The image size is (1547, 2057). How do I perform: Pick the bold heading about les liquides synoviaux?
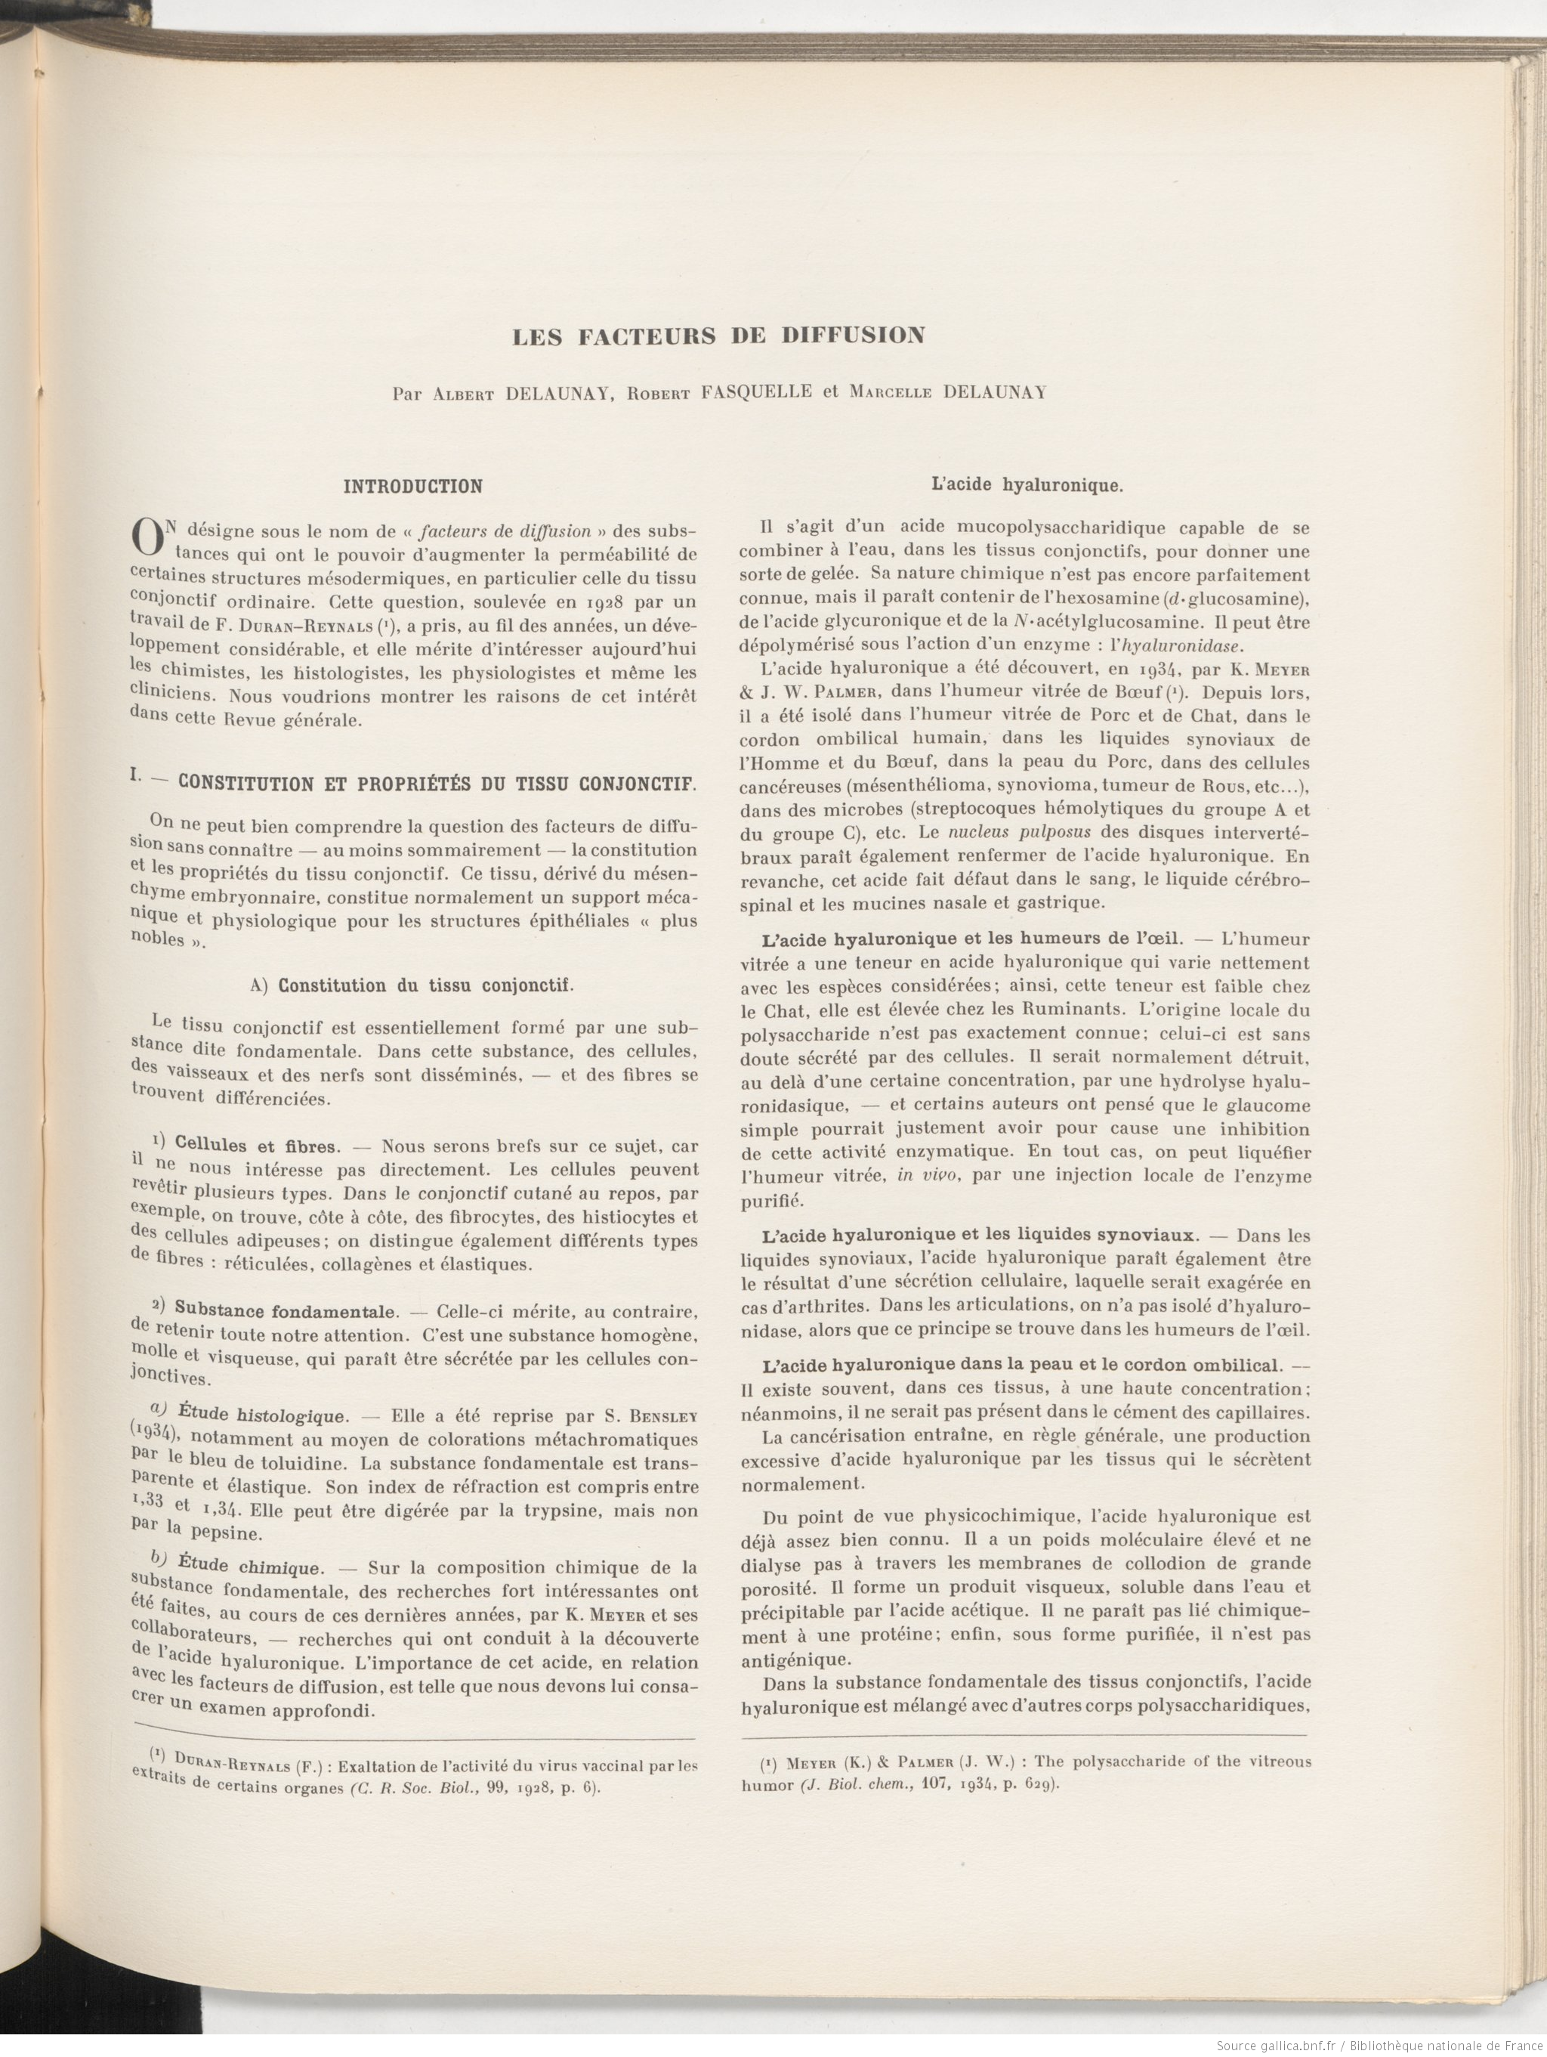[977, 1236]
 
